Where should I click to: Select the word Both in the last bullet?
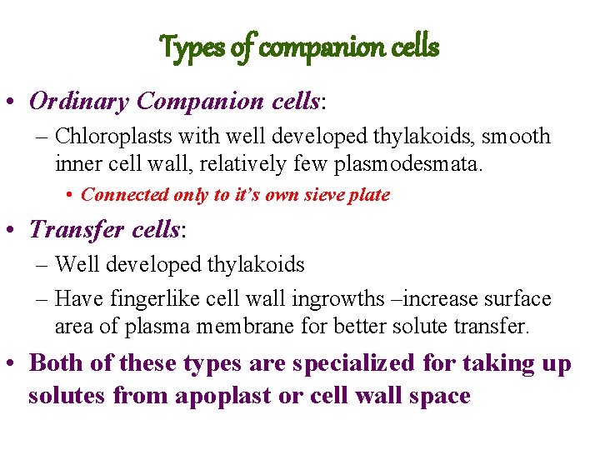click(x=57, y=363)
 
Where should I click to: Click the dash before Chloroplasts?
click(x=42, y=136)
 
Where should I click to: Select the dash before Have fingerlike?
click(x=42, y=298)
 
